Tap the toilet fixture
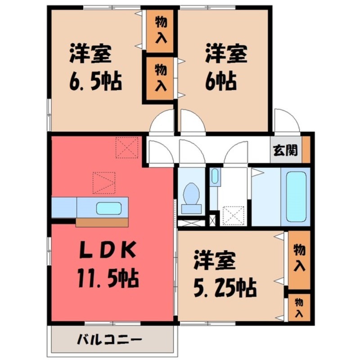coord(191,198)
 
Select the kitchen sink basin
coord(109,208)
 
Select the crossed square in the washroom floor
coord(234,216)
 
